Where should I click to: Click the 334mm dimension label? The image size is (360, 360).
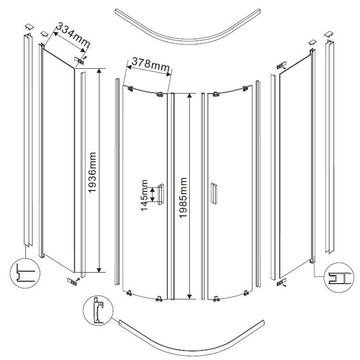coord(73,34)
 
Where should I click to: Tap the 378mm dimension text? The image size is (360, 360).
coord(151,64)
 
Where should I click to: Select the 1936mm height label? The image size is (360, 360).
coord(92,172)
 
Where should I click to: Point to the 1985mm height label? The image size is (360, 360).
coord(183,198)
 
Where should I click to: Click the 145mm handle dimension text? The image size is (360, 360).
coord(144,195)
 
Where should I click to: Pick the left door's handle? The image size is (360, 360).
coord(161,194)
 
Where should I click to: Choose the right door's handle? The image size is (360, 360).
coord(214,193)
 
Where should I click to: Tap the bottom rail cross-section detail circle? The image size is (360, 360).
coord(98,310)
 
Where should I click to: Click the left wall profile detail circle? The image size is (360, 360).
coord(25,273)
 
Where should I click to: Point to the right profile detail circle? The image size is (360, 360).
coord(339,277)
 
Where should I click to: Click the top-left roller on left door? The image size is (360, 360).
coord(131,89)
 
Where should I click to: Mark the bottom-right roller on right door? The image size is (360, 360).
coord(246,293)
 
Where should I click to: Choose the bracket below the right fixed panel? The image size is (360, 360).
coord(282,282)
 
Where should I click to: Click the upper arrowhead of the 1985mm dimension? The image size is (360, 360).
coord(189,96)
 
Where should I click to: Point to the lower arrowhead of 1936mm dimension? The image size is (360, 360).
coord(99,270)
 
